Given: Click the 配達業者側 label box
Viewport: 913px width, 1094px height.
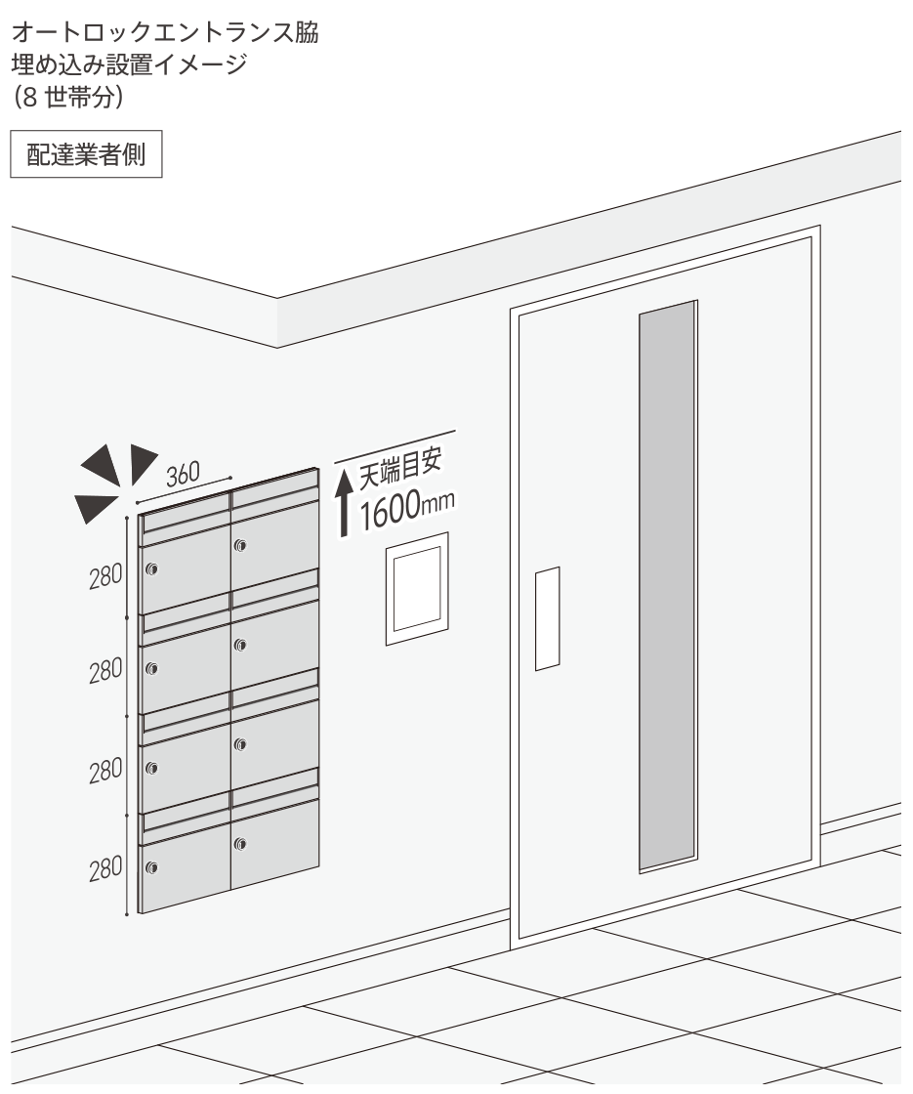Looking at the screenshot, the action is pos(86,154).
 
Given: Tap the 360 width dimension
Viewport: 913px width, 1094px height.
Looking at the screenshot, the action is pos(184,474).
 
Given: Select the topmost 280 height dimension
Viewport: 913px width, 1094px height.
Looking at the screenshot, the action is pos(106,576).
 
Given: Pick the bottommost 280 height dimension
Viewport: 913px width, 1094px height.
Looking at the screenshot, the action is pos(106,868).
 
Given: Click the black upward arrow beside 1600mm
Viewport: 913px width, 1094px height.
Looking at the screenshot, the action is pos(343,502).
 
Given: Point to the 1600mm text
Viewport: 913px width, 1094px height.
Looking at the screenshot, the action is pos(407,509).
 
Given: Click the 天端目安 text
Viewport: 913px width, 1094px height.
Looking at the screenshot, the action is pos(401,468).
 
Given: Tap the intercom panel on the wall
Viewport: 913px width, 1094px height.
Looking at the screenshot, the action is pos(417,589).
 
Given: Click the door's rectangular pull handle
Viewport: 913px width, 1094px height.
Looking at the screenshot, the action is pos(548,619).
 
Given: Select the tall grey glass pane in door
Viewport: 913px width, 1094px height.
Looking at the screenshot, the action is pos(668,586).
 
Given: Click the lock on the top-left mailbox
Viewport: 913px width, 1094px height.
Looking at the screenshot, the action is pos(151,569).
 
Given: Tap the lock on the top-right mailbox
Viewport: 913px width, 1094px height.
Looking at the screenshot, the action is pos(240,545).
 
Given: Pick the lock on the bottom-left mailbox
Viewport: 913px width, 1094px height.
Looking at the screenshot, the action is pos(151,868).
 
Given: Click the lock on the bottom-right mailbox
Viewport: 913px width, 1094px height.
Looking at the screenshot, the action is pos(240,844).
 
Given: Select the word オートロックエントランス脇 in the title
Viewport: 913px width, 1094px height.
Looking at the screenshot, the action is pos(165,33).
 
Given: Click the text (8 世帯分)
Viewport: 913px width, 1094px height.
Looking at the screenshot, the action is pos(67,97).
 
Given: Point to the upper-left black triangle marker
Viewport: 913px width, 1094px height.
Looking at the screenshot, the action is pos(103,465).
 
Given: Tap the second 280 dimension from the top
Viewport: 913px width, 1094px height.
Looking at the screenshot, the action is pos(106,670).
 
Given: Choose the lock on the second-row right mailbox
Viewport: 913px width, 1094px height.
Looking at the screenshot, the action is pos(240,645).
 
